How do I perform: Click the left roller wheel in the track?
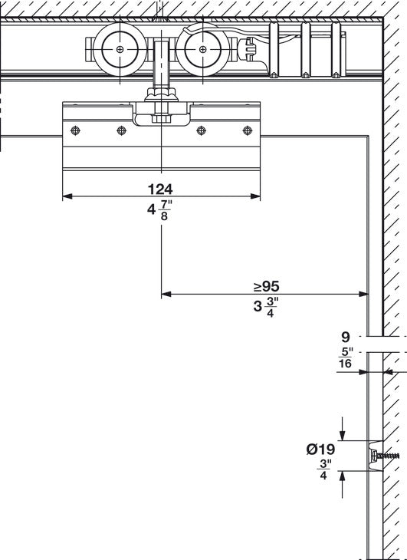click(121, 49)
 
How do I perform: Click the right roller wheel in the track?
click(202, 49)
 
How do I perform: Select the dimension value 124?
click(162, 188)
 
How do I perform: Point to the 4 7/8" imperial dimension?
click(160, 209)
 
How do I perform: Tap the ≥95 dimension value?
click(266, 286)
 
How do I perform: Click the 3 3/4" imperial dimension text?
click(265, 308)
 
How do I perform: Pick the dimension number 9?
click(345, 336)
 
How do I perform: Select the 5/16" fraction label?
click(345, 358)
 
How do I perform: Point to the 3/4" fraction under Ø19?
click(324, 469)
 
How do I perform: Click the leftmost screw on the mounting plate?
click(74, 129)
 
